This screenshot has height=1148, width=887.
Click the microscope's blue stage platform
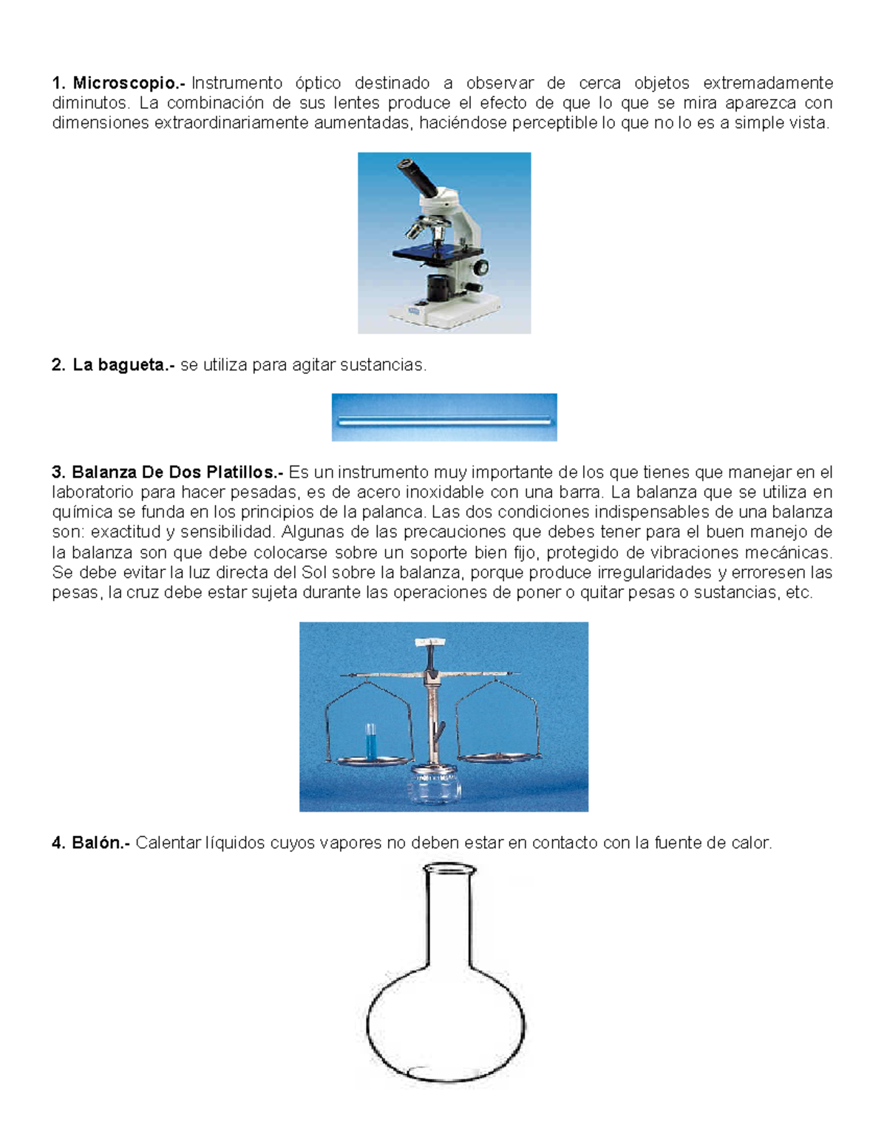[x=429, y=254]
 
